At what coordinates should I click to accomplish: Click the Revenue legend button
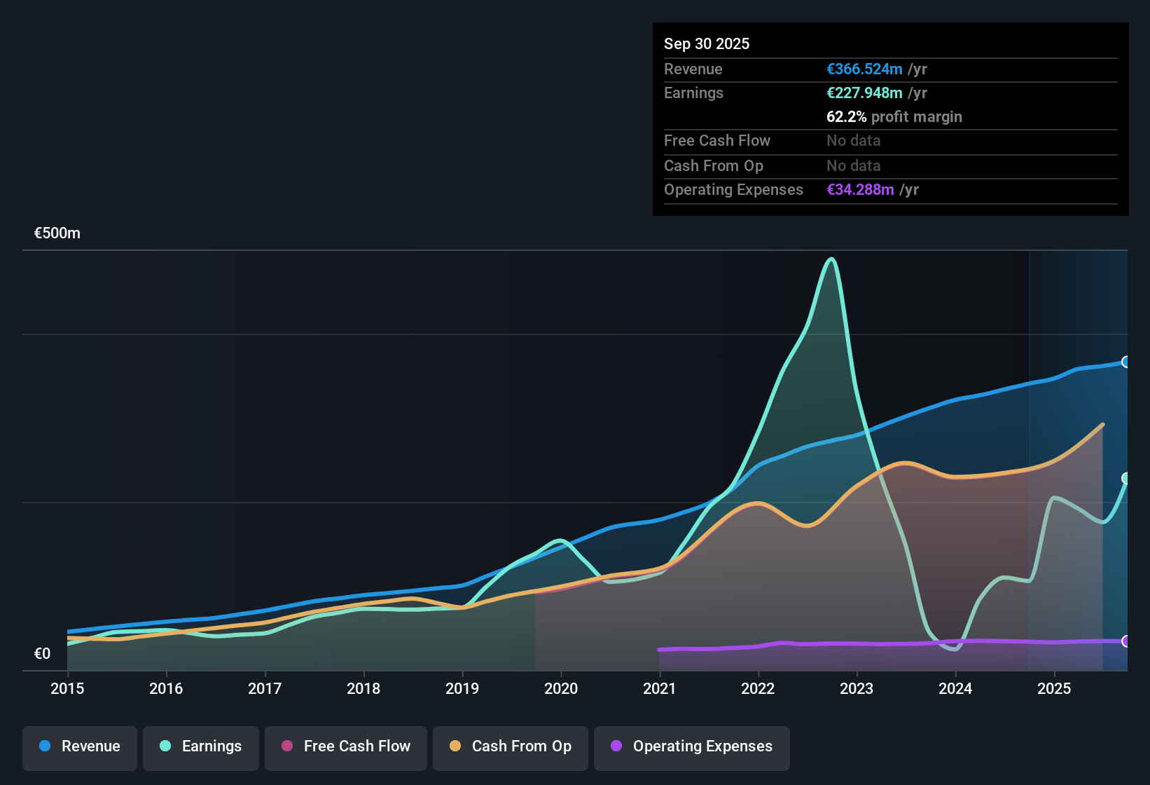click(80, 746)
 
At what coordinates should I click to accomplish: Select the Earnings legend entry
click(201, 746)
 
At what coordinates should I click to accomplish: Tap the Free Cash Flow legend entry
click(346, 746)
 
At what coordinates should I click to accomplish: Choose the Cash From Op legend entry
click(511, 746)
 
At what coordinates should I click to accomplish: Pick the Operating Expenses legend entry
click(692, 746)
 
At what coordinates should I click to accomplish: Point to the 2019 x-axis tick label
click(462, 689)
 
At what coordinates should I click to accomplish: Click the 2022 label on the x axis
click(758, 689)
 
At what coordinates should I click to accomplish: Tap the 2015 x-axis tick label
click(67, 689)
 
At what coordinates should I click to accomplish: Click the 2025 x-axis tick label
click(1054, 689)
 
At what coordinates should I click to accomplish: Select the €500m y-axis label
click(57, 233)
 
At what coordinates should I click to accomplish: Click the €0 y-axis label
click(43, 654)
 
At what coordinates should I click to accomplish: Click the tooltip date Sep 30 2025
click(707, 44)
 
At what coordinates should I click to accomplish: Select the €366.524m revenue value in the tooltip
click(864, 69)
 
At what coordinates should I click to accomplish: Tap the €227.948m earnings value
click(864, 93)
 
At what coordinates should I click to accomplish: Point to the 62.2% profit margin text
click(894, 117)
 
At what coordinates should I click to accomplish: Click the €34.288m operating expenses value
click(860, 190)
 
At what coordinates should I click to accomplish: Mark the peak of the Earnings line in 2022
click(831, 259)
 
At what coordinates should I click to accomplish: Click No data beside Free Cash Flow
click(853, 141)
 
